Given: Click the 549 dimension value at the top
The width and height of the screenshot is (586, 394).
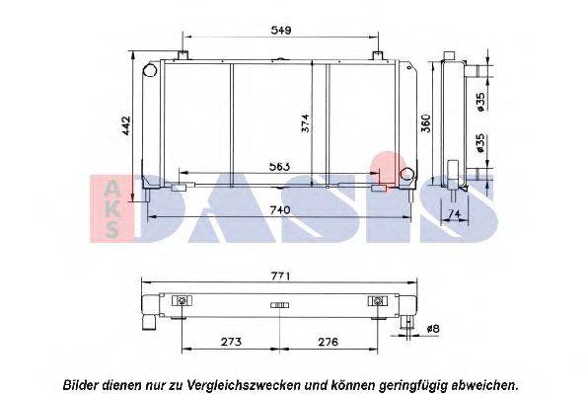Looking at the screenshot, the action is point(281,31).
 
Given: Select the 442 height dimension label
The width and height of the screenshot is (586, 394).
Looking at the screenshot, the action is point(125,125).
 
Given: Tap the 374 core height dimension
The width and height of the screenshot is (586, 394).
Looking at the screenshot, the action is point(305,123).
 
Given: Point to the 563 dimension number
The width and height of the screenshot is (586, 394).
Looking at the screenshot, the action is point(279,166).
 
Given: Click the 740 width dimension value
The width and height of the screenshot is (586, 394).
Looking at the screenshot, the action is point(279,210).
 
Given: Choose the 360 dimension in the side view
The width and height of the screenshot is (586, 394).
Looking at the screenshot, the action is point(425,123).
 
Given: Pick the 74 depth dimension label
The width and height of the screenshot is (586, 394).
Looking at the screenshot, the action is point(454,213).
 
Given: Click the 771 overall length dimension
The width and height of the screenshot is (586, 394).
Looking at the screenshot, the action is point(280,276).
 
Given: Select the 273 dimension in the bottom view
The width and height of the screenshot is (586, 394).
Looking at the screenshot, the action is point(231,342).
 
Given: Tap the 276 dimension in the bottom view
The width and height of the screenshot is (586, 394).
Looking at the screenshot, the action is point(328,342).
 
